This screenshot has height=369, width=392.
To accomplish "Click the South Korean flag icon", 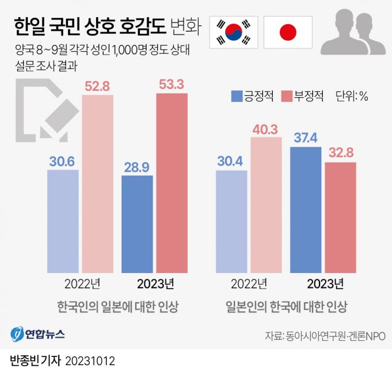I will [234, 32].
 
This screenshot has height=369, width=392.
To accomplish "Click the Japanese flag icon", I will [288, 32].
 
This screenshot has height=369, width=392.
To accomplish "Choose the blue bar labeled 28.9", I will [137, 224].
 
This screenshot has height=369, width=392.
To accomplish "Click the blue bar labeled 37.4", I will [306, 210].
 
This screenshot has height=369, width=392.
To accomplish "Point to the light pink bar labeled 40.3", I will [265, 205].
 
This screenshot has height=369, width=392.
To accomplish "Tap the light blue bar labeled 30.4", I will [231, 221].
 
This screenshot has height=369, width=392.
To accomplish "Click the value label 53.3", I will [171, 85].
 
